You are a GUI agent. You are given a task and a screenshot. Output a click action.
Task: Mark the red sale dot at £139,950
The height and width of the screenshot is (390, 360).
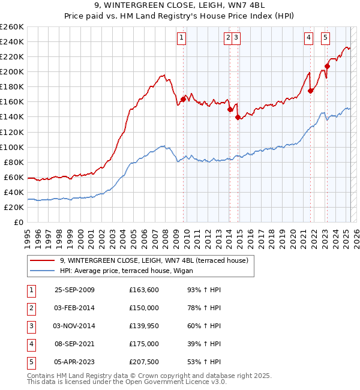(238, 117)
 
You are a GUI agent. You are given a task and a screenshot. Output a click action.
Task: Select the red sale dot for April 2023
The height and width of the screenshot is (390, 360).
(327, 66)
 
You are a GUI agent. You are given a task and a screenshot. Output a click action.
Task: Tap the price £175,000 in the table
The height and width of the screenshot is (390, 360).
(144, 344)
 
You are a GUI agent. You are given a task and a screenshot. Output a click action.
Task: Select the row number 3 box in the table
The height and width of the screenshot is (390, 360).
(31, 326)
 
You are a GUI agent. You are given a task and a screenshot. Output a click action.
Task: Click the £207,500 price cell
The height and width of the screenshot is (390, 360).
(144, 362)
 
